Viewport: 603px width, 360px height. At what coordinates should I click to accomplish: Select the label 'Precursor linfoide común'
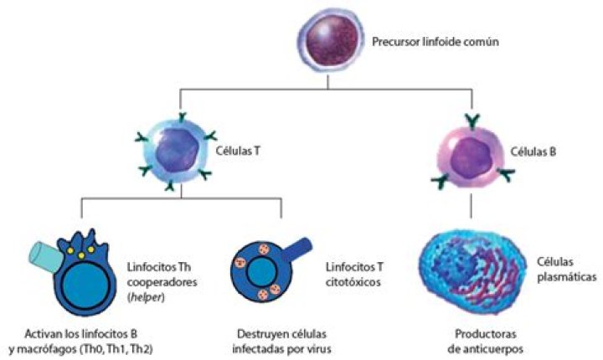pyautogui.click(x=435, y=42)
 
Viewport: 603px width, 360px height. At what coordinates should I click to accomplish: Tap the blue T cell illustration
pyautogui.click(x=177, y=152)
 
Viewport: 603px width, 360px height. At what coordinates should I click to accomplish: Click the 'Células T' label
pyautogui.click(x=238, y=151)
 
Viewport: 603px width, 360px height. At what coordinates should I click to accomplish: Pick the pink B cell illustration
pyautogui.click(x=472, y=153)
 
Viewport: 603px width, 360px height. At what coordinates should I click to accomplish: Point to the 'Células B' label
pyautogui.click(x=533, y=152)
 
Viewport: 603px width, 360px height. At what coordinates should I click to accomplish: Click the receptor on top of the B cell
pyautogui.click(x=472, y=121)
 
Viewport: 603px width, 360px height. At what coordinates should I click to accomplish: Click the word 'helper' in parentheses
pyautogui.click(x=146, y=298)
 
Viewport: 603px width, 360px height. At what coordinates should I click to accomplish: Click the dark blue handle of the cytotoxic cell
pyautogui.click(x=296, y=249)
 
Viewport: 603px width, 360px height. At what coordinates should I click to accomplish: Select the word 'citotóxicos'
pyautogui.click(x=353, y=282)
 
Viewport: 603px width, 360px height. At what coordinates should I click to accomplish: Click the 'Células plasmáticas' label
pyautogui.click(x=566, y=270)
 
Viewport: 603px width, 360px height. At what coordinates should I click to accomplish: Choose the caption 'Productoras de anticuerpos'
pyautogui.click(x=485, y=342)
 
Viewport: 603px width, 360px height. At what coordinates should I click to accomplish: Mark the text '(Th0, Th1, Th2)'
pyautogui.click(x=116, y=349)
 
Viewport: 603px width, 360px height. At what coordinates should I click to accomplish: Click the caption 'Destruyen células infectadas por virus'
pyautogui.click(x=281, y=342)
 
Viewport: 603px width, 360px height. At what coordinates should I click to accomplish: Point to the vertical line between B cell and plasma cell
pyautogui.click(x=472, y=206)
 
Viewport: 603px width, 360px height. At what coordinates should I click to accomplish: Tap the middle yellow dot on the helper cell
pyautogui.click(x=81, y=255)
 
